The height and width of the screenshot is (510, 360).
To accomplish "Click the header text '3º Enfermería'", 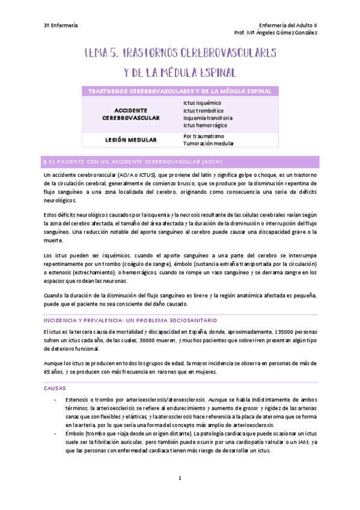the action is [61, 25].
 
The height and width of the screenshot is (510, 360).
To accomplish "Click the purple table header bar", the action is [180, 91].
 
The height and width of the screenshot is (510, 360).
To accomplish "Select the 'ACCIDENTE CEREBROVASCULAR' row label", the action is [131, 114].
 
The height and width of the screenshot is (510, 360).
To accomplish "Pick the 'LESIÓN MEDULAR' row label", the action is [131, 140].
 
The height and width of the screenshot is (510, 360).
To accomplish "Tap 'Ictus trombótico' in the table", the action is [203, 111].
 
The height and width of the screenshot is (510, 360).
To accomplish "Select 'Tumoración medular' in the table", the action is [209, 144].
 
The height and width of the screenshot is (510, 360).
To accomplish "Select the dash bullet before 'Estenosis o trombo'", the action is [55, 400].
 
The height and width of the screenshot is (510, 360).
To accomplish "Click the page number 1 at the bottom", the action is [180, 478].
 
